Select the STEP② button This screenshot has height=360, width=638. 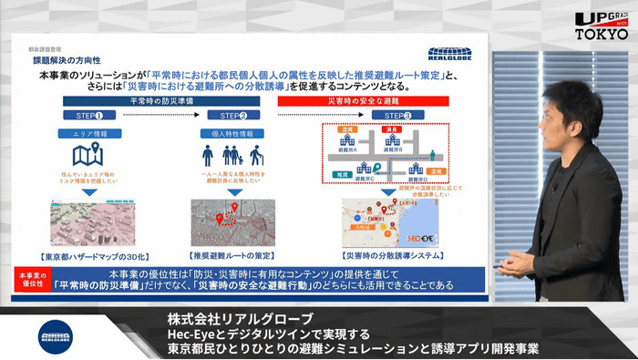pyautogui.click(x=229, y=116)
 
